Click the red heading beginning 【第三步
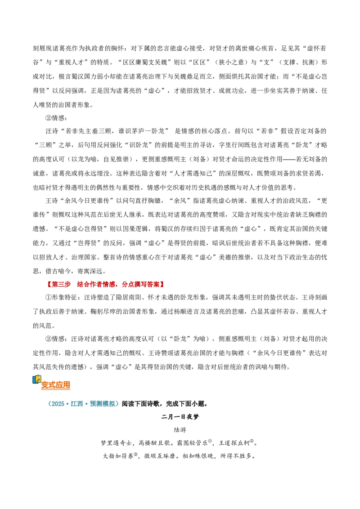pyautogui.click(x=104, y=284)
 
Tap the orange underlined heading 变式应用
pyautogui.click(x=55, y=384)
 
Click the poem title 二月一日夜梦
pyautogui.click(x=180, y=416)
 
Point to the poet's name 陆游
pyautogui.click(x=180, y=429)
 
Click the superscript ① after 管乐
pyautogui.click(x=210, y=441)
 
